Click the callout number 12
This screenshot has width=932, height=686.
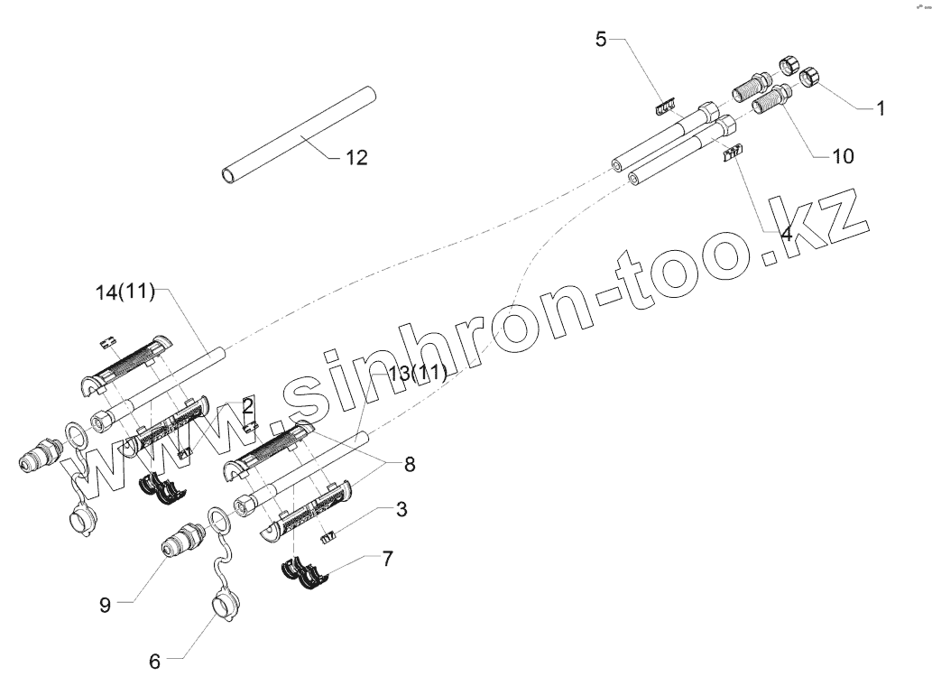355,158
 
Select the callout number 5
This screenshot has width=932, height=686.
602,39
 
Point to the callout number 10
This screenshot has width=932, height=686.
842,156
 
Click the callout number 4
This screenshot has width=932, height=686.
785,234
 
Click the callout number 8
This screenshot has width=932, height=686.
410,465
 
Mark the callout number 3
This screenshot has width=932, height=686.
401,510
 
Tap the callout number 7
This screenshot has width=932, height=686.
387,559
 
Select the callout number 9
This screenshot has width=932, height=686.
105,605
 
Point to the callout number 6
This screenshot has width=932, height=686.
154,662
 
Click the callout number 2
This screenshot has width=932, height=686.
247,406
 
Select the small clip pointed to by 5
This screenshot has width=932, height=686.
665,107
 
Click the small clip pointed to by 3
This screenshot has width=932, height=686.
329,536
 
